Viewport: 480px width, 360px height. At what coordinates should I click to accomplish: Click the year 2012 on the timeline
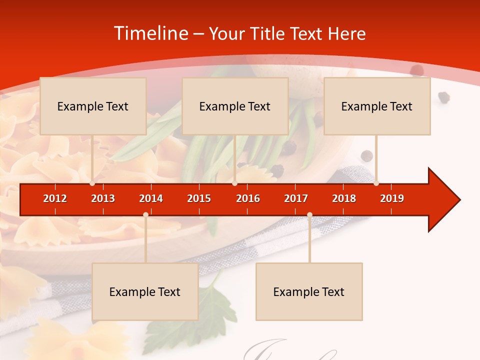click(55, 198)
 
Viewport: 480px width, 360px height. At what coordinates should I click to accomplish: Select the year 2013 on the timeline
click(103, 198)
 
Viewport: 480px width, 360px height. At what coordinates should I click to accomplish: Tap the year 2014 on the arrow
click(151, 198)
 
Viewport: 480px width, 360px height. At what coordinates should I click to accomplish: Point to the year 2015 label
click(199, 198)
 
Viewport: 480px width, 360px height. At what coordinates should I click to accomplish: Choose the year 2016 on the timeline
click(248, 198)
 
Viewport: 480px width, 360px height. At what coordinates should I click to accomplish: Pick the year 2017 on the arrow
click(296, 198)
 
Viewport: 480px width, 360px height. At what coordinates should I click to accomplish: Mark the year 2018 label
click(344, 198)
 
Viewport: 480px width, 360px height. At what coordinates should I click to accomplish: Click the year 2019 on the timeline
click(392, 198)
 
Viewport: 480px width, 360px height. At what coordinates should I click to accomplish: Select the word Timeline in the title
click(150, 33)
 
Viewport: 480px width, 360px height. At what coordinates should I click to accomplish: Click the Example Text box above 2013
click(93, 106)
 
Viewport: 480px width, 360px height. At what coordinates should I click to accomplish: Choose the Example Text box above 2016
click(235, 106)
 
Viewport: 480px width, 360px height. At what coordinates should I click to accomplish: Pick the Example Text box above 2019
click(377, 106)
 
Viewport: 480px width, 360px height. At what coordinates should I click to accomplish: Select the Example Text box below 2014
click(145, 291)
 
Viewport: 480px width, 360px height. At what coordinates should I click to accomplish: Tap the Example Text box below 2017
click(309, 291)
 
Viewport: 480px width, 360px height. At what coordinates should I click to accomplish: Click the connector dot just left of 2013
click(92, 183)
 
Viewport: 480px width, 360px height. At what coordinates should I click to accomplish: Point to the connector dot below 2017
click(309, 215)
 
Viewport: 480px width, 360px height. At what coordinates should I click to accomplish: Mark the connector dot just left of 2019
click(376, 183)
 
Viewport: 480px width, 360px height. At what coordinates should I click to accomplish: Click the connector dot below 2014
click(145, 215)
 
